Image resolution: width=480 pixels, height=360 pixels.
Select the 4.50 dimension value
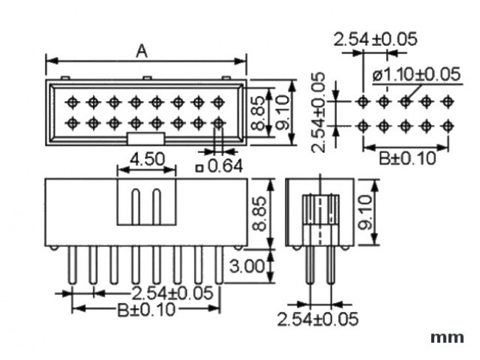147,159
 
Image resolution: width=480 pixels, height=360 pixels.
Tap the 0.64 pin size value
224,166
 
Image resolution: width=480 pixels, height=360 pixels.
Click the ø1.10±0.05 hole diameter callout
416,74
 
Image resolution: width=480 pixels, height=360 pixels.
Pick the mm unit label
448,338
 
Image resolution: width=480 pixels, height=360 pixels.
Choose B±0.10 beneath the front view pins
146,310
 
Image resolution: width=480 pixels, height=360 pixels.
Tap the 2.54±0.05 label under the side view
318,319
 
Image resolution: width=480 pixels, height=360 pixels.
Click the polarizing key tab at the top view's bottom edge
145,137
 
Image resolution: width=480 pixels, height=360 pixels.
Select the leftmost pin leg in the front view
72,266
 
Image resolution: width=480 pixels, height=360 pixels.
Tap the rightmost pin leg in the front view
219,266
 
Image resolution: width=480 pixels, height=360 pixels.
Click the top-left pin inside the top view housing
72,101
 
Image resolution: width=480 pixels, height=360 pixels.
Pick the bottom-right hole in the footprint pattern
447,126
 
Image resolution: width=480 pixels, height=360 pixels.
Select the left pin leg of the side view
309,266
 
